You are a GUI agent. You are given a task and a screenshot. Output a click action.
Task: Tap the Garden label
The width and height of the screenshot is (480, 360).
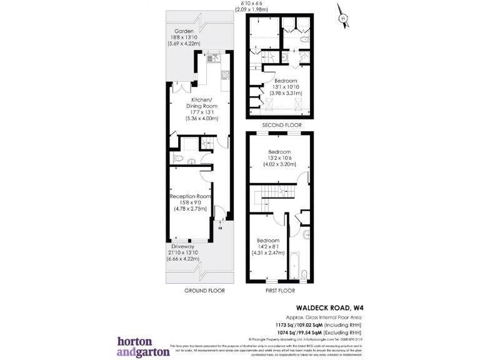pos(184,31)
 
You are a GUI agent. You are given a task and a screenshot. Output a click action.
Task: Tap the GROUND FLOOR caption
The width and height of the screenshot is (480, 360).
pos(204,291)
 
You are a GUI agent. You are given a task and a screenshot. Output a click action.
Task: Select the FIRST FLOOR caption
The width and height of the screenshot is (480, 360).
pos(279,291)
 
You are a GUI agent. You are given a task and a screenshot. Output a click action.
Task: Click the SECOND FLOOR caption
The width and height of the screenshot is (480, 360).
pos(279,125)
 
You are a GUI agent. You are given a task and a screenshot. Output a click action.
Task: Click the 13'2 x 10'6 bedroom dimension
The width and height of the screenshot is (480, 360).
pos(279,159)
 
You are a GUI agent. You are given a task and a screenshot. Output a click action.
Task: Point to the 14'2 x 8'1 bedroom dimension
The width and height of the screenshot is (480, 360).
pos(267,247)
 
